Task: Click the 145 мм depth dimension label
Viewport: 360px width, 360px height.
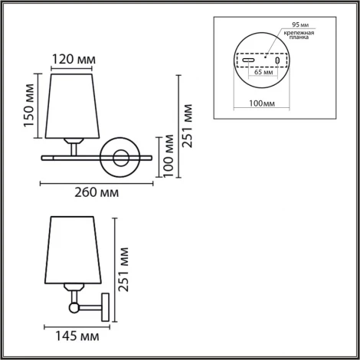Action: [77, 335]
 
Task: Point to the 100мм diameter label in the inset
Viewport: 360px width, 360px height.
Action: [263, 103]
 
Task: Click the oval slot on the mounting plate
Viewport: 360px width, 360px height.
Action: [249, 61]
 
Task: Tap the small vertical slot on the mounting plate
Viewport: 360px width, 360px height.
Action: [277, 61]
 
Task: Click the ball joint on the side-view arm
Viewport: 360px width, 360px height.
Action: [74, 308]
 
